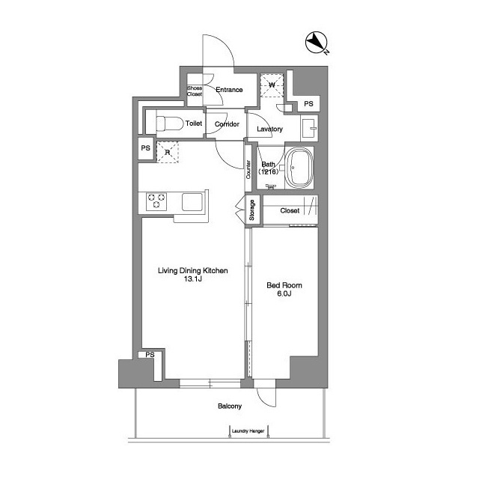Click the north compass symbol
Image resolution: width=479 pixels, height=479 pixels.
317,42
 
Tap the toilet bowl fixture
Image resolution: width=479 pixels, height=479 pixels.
170,123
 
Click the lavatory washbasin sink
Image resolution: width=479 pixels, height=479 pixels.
309,128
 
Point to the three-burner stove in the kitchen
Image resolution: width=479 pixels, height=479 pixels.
156,201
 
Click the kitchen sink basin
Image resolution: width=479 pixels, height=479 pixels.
192,201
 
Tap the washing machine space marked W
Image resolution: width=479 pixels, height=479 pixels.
272,85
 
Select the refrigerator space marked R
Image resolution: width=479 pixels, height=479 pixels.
168,152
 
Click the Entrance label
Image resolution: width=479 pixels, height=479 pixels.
229,90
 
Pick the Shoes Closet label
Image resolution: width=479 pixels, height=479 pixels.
195,91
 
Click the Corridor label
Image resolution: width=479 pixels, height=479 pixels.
227,124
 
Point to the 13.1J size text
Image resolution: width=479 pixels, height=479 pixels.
193,278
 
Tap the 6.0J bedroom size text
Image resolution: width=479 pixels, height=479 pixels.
284,293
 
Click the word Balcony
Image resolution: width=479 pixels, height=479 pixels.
230,406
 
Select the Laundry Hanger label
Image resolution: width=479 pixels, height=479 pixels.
248,431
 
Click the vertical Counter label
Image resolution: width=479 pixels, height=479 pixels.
248,170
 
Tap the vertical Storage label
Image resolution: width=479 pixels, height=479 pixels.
251,210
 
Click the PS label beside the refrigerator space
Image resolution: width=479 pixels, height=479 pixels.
145,148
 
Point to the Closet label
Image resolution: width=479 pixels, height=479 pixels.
290,210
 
